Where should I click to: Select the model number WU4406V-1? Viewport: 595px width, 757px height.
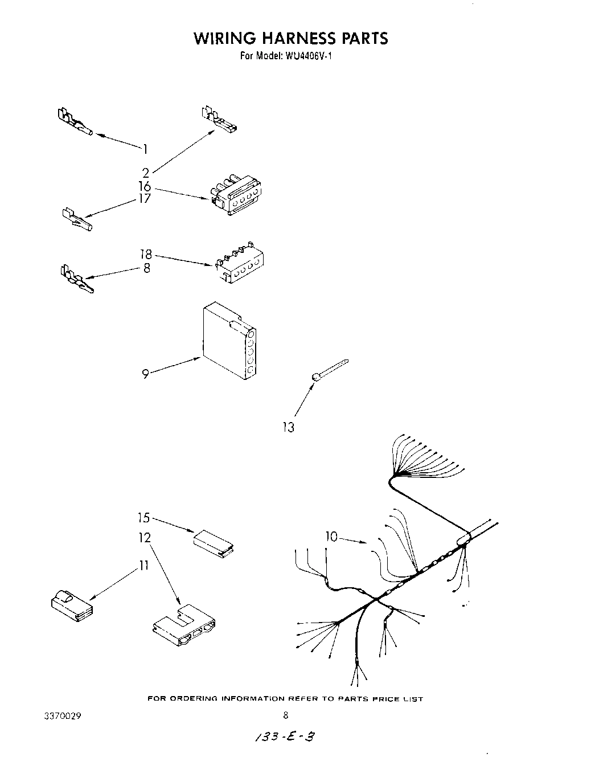311,56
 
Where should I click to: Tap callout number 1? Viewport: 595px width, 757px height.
145,149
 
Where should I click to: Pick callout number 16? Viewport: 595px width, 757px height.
145,186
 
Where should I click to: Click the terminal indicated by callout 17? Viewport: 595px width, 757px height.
76,219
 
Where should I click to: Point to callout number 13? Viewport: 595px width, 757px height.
289,427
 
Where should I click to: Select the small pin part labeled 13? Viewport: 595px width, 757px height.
330,369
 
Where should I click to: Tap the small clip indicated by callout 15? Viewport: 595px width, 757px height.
215,542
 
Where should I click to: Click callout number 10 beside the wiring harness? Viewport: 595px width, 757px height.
331,536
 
